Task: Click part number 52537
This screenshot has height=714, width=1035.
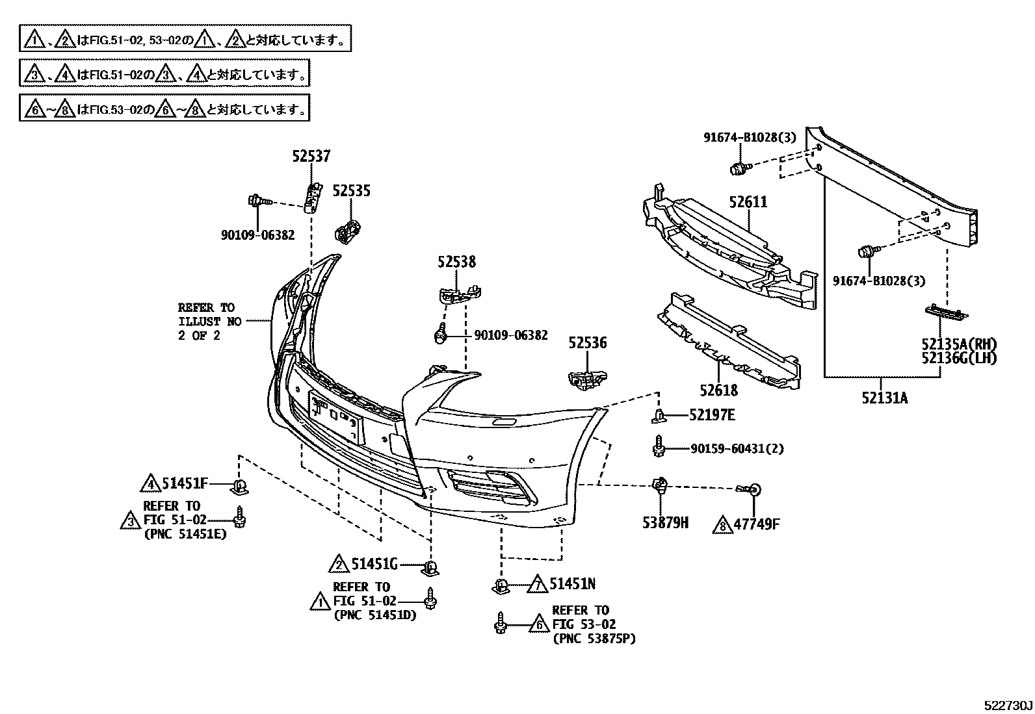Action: [x=311, y=156]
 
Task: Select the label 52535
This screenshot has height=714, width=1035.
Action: [x=352, y=190]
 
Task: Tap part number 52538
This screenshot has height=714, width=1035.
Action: [x=456, y=262]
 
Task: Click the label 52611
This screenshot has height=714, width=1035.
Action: [x=748, y=202]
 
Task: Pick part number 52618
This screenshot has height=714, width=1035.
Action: [x=719, y=390]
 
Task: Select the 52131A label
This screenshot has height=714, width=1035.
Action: [x=885, y=398]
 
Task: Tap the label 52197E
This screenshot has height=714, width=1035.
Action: [x=712, y=414]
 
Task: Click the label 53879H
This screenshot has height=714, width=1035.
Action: [x=665, y=523]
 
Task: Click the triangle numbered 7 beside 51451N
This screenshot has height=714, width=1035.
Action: [x=538, y=584]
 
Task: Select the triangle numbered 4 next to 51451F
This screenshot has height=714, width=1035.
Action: [x=150, y=483]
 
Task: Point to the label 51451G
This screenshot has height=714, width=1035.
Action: [x=374, y=565]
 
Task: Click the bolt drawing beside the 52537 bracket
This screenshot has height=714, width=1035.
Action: [x=257, y=201]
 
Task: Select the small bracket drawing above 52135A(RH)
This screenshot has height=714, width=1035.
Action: [x=946, y=312]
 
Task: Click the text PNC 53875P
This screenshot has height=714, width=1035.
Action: [x=594, y=639]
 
